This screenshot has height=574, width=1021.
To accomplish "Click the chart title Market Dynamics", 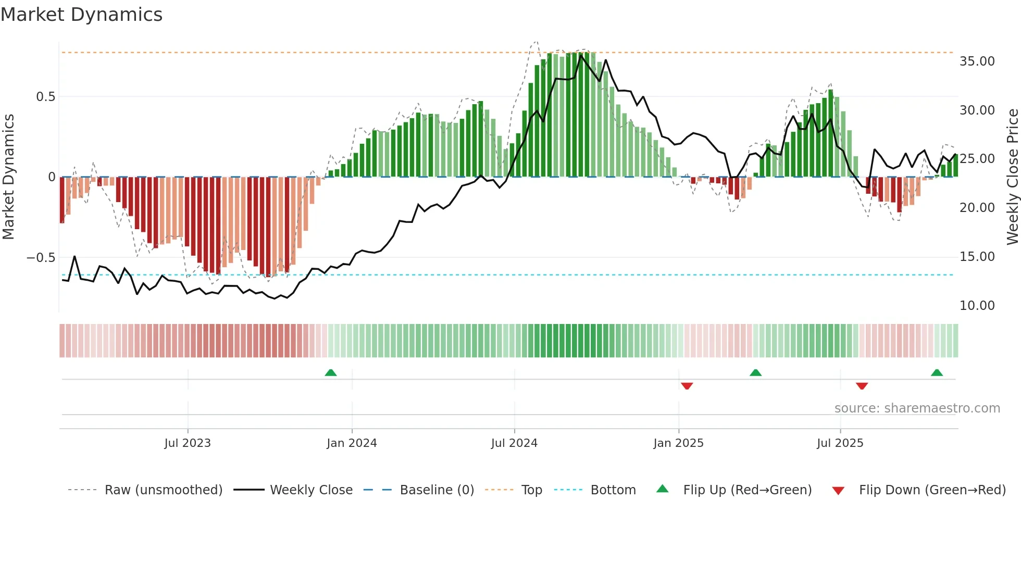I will pos(81,15).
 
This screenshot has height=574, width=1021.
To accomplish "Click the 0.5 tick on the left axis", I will pos(45,97).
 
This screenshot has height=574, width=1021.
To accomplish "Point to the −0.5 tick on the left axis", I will pos(41,258).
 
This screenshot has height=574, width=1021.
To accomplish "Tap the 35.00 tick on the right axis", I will pos(977,61).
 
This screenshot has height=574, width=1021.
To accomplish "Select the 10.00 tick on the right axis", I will pos(977,306).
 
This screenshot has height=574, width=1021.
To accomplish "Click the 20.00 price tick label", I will pos(977,208).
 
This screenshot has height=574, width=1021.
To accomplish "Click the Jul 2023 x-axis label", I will pos(188,443).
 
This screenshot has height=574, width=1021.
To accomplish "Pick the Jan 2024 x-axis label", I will pos(352,443).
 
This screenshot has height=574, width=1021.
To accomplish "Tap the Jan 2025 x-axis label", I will pos(678,443).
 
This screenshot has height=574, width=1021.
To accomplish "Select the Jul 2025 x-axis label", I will pos(840,443).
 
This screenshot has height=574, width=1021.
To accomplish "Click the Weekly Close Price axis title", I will pos(1012,177).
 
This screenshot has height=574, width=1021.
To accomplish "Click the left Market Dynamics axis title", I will pos(8,177).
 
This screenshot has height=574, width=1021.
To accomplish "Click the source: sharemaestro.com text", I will pos(917,408).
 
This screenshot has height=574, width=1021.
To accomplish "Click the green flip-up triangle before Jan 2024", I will pos(330,372).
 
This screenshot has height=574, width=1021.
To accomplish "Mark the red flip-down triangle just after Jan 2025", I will pos(687,386).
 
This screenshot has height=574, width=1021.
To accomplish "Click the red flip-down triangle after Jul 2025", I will pos(862,386).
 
